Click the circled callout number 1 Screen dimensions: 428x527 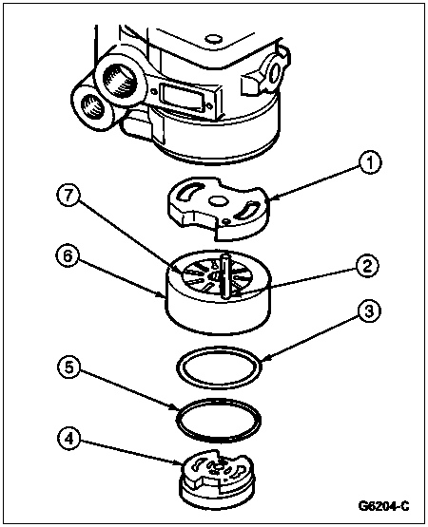pyautogui.click(x=369, y=162)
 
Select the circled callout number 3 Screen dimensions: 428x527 pyautogui.click(x=369, y=311)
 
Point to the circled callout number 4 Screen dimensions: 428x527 pyautogui.click(x=68, y=440)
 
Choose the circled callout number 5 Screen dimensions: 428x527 pyautogui.click(x=68, y=367)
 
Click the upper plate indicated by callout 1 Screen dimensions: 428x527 pyautogui.click(x=219, y=208)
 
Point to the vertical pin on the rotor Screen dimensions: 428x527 pyautogui.click(x=223, y=275)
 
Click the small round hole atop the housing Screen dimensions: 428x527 pyautogui.click(x=212, y=39)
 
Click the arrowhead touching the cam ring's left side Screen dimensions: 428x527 pyautogui.click(x=163, y=295)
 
